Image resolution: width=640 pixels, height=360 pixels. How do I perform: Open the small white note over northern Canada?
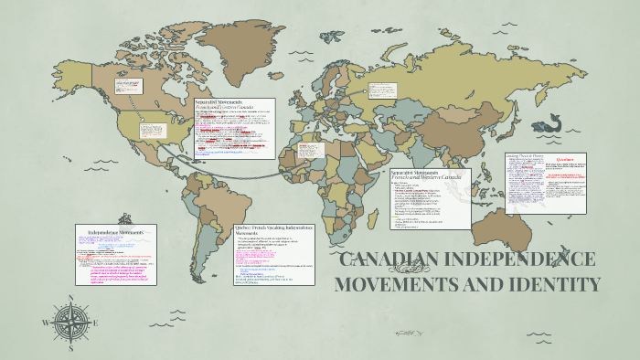tap(126, 86)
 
